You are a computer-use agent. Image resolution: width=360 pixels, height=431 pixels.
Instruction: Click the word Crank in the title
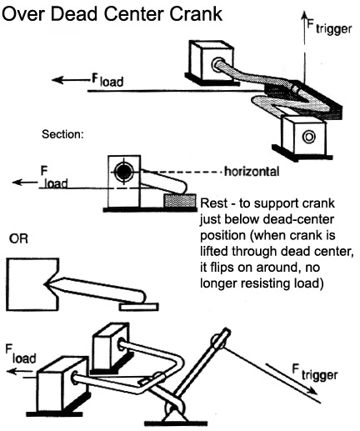[x=196, y=14]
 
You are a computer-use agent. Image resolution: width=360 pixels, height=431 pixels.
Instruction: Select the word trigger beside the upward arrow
[x=333, y=29]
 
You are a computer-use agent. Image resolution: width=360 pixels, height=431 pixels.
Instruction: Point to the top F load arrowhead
[x=57, y=80]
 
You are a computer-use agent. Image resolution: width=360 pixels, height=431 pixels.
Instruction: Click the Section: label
[x=62, y=134]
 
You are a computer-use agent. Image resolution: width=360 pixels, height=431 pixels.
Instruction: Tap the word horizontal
[x=252, y=172]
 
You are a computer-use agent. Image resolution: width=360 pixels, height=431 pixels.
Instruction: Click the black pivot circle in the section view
[x=123, y=173]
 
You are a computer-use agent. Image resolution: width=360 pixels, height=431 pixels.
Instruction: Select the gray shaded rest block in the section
[x=179, y=201]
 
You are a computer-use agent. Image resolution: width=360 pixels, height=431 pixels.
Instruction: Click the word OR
[x=18, y=238]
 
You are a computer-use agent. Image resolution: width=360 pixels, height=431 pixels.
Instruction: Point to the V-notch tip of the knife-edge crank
[x=44, y=284]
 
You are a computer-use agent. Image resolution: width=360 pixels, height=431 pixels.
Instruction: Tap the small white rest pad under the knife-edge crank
[x=139, y=307]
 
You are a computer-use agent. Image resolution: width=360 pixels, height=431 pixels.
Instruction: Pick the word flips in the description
[x=224, y=268]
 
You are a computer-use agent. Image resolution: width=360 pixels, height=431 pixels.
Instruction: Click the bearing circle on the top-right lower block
[x=308, y=137]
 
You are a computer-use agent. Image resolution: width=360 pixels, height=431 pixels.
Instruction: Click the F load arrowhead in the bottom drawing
[x=12, y=372]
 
